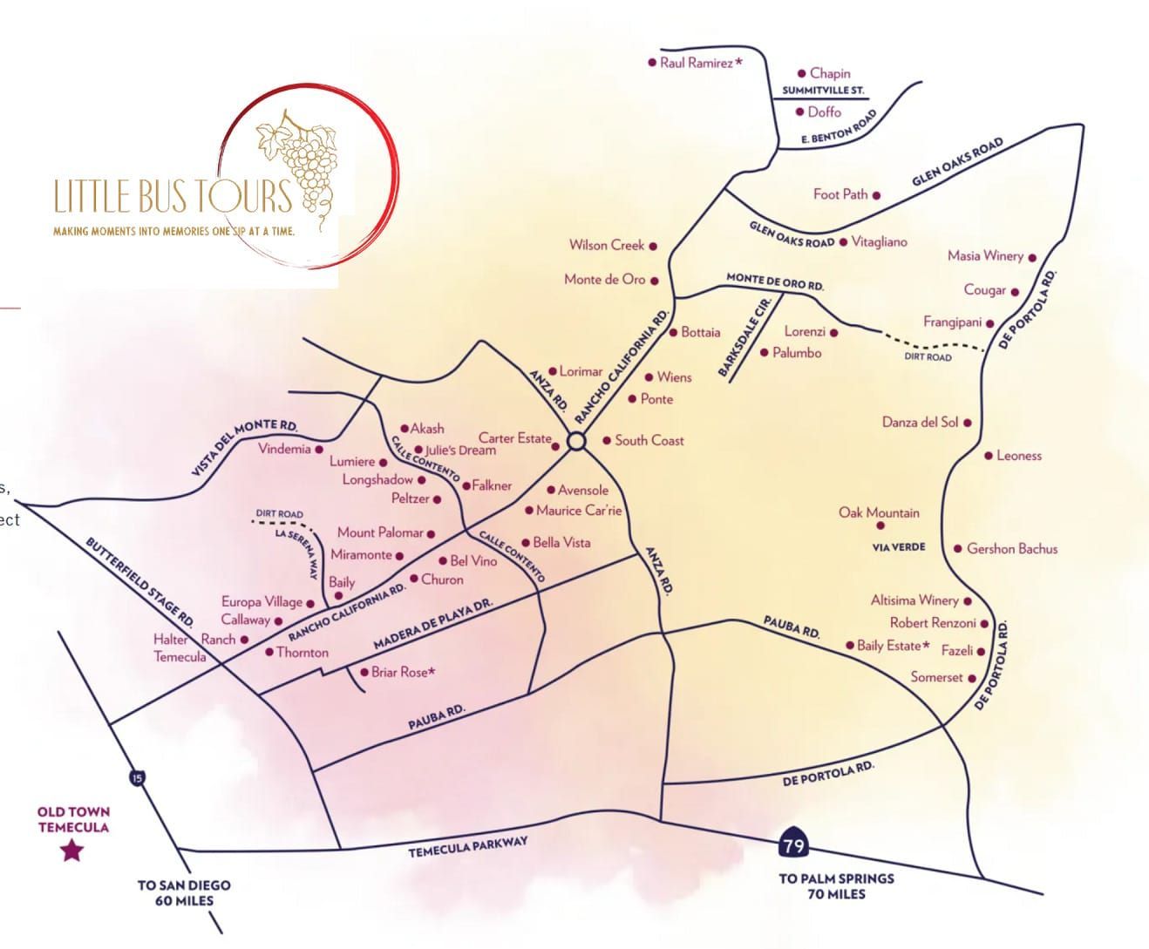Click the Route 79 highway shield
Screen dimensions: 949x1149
(x=793, y=843)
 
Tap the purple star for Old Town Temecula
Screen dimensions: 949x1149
(x=71, y=850)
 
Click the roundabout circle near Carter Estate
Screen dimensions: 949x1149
(x=575, y=442)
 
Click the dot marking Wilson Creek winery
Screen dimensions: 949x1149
(x=653, y=247)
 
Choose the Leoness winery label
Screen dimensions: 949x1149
(x=1018, y=456)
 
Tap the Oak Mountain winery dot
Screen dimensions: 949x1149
(x=880, y=525)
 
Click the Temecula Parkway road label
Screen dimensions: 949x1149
(x=468, y=846)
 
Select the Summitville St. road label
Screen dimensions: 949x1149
(x=823, y=91)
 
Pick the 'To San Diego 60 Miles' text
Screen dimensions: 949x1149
(x=184, y=892)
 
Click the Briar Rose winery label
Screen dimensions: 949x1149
(x=403, y=672)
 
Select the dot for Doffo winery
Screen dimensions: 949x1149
(x=799, y=112)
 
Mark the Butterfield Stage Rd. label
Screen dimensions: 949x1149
(x=139, y=580)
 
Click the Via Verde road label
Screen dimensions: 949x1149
(x=899, y=547)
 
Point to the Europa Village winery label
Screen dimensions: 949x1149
(x=262, y=601)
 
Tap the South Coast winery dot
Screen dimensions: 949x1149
(x=607, y=440)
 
